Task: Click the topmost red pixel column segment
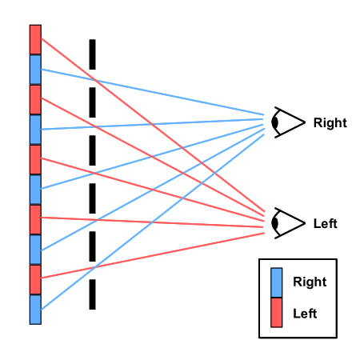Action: click(x=35, y=40)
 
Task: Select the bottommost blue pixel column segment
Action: click(x=35, y=310)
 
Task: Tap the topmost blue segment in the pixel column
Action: click(x=35, y=70)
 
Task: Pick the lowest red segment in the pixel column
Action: click(x=35, y=279)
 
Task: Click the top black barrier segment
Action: click(x=92, y=54)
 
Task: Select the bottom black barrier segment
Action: click(x=92, y=294)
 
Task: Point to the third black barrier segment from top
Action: click(x=92, y=150)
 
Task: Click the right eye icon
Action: click(x=288, y=122)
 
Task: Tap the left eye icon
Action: click(x=288, y=223)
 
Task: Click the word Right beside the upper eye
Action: click(x=330, y=123)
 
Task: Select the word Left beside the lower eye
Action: click(x=326, y=223)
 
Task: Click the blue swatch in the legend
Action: click(x=277, y=282)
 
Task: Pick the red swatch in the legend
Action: click(x=277, y=313)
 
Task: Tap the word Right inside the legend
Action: click(x=310, y=282)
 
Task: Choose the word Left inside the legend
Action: click(x=305, y=314)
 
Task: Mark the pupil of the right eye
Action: click(x=275, y=122)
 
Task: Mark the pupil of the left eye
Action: click(x=275, y=223)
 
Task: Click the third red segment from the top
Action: click(x=35, y=160)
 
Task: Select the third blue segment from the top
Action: click(x=35, y=190)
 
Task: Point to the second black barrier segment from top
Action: click(x=92, y=102)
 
